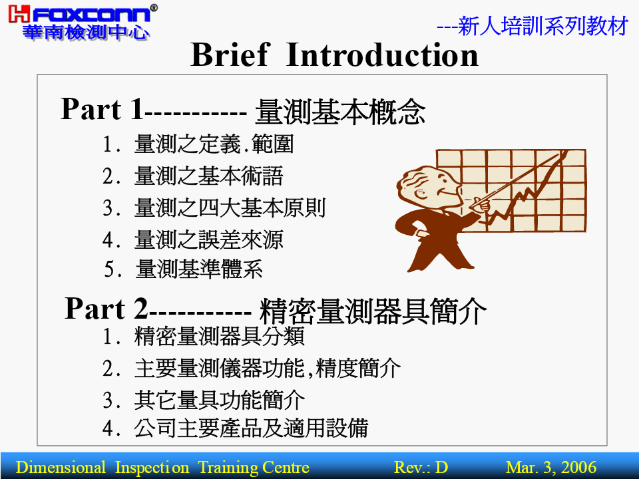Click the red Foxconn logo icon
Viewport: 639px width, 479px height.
19,14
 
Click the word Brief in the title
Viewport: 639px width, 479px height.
230,55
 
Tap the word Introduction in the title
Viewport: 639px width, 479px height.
382,55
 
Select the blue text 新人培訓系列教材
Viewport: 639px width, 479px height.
543,26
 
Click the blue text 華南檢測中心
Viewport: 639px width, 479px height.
86,32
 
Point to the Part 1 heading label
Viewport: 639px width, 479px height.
103,109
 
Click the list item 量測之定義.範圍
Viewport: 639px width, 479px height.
214,144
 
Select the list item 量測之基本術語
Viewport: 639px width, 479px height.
208,176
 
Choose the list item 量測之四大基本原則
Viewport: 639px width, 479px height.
230,208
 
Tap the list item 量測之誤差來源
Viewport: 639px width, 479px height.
208,239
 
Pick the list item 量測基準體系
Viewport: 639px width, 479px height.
199,269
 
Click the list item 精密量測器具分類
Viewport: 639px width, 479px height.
219,337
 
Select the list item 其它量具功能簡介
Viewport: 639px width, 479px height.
219,400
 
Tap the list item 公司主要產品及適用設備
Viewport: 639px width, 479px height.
251,428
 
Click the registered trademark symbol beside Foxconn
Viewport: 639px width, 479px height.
154,8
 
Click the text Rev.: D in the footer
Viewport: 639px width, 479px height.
421,467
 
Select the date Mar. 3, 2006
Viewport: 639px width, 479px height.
551,467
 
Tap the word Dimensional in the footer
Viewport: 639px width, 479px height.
61,467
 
